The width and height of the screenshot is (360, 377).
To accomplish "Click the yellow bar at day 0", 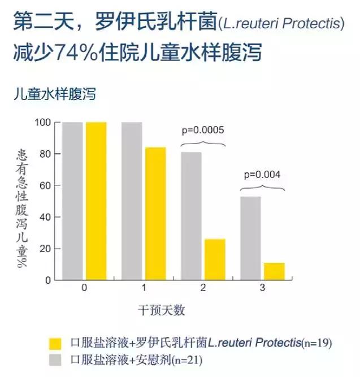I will click(96, 201).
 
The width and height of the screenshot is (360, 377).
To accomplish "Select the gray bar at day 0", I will click(72, 201).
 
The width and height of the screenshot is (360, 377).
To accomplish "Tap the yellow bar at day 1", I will click(155, 214).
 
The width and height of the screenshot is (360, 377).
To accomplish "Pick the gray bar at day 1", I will click(132, 201).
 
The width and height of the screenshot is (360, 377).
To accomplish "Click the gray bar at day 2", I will click(191, 216).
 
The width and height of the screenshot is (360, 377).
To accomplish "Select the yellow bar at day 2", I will click(215, 259).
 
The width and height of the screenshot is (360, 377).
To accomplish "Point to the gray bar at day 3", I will click(250, 238).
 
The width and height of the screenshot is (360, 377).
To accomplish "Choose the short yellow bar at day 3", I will click(274, 271).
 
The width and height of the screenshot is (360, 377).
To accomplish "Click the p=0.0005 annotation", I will click(203, 130).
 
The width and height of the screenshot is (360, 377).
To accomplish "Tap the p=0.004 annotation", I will click(262, 174).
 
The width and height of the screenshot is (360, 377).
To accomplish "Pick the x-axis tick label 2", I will click(202, 288).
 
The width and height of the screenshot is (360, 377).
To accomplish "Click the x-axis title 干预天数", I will click(162, 311).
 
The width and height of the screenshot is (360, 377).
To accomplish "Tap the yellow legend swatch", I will click(55, 343).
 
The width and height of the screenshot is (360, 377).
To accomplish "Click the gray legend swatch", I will click(55, 359).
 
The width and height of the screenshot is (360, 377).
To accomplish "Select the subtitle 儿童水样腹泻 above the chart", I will click(55, 94).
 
